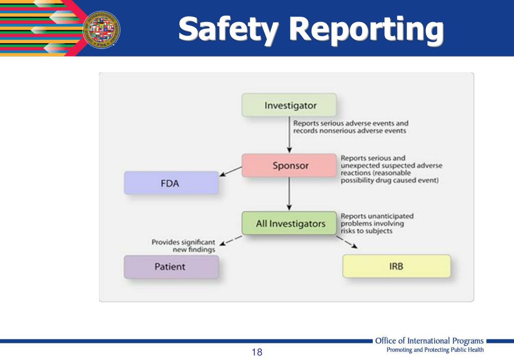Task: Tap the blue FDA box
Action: pyautogui.click(x=171, y=183)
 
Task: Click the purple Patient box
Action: pyautogui.click(x=171, y=267)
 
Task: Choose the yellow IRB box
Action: pyautogui.click(x=396, y=266)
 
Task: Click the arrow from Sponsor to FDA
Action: pyautogui.click(x=231, y=171)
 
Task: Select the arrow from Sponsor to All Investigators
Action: pyautogui.click(x=289, y=194)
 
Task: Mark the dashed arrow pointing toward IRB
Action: pyautogui.click(x=347, y=242)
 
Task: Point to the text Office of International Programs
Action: pyautogui.click(x=429, y=341)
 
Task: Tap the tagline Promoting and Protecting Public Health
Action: pyautogui.click(x=435, y=350)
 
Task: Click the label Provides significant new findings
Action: pyautogui.click(x=184, y=246)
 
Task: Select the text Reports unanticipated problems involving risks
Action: pyautogui.click(x=377, y=223)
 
